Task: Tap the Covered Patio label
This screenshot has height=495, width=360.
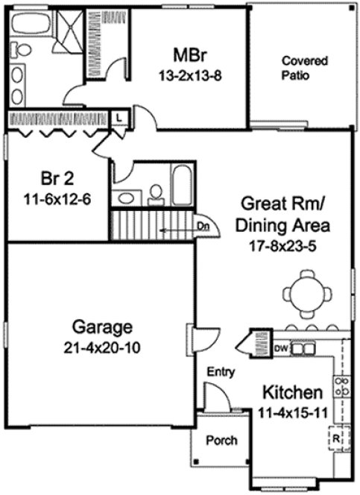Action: point(300,68)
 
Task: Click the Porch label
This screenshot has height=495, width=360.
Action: point(221,441)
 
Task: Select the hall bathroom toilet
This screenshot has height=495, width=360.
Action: point(156,195)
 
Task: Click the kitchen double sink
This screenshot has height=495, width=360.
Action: point(302,347)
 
